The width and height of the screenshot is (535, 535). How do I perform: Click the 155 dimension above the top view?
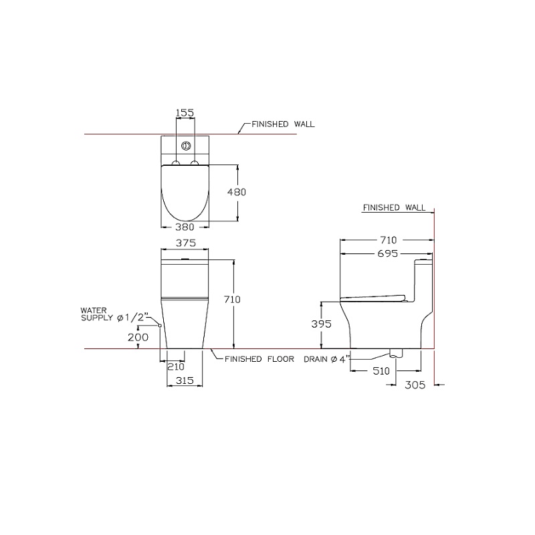click(x=185, y=112)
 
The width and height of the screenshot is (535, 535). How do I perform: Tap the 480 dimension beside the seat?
click(x=237, y=193)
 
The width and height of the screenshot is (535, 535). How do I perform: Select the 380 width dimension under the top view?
click(x=185, y=227)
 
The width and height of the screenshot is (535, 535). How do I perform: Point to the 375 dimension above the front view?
click(x=186, y=243)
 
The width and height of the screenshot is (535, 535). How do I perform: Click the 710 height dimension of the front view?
click(x=232, y=300)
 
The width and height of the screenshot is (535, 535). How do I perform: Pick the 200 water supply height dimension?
click(x=138, y=338)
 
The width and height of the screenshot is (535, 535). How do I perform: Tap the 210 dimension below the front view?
click(x=176, y=366)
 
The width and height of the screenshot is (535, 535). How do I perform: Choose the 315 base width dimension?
click(x=185, y=381)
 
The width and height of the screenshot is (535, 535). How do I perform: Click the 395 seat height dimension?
click(x=322, y=324)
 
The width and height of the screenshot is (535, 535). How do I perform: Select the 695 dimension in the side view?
click(x=388, y=253)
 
